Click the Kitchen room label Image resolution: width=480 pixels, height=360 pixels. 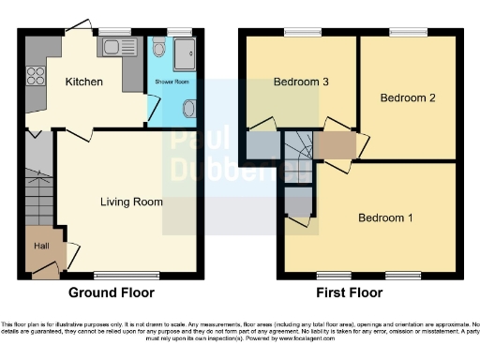(x=83, y=82)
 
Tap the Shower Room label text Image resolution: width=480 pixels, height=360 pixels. (x=172, y=82)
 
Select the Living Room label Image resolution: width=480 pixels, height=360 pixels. (x=132, y=202)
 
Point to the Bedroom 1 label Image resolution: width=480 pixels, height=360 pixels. (x=385, y=218)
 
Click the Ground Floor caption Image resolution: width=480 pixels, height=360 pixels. (x=111, y=292)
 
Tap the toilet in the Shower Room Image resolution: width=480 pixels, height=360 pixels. (x=158, y=49)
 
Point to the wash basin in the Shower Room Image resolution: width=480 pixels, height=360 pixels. (x=191, y=111)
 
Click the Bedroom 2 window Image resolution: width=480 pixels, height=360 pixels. (x=410, y=34)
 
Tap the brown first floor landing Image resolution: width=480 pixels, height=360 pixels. (x=339, y=145)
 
